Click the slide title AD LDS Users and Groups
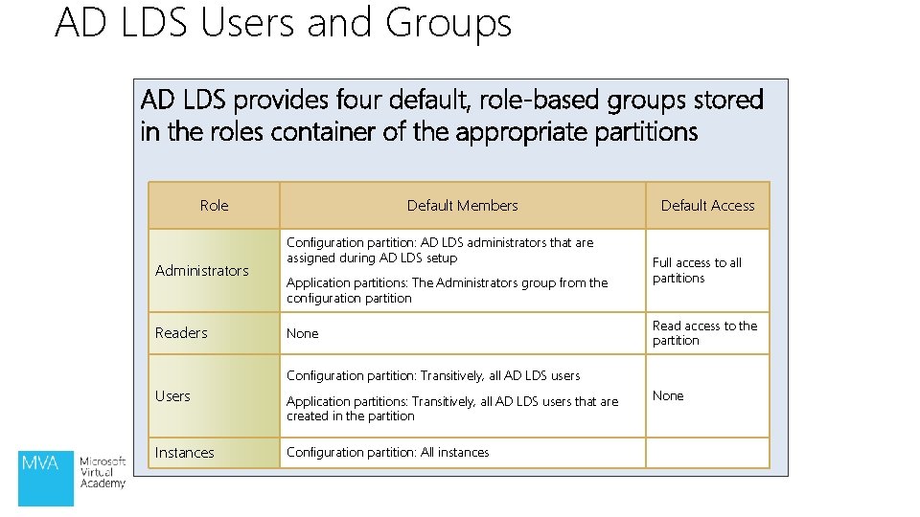click(283, 23)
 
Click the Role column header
click(214, 206)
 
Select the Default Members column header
click(462, 206)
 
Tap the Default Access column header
click(707, 206)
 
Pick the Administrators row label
click(202, 271)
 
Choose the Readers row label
click(181, 333)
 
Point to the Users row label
click(172, 396)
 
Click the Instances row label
click(185, 453)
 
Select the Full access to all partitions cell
click(697, 270)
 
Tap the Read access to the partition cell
click(704, 333)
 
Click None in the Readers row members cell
click(302, 334)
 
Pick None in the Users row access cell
click(668, 396)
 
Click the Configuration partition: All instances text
click(387, 453)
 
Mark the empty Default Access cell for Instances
click(707, 453)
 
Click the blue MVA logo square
click(46, 477)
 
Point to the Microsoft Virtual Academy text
click(103, 472)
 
